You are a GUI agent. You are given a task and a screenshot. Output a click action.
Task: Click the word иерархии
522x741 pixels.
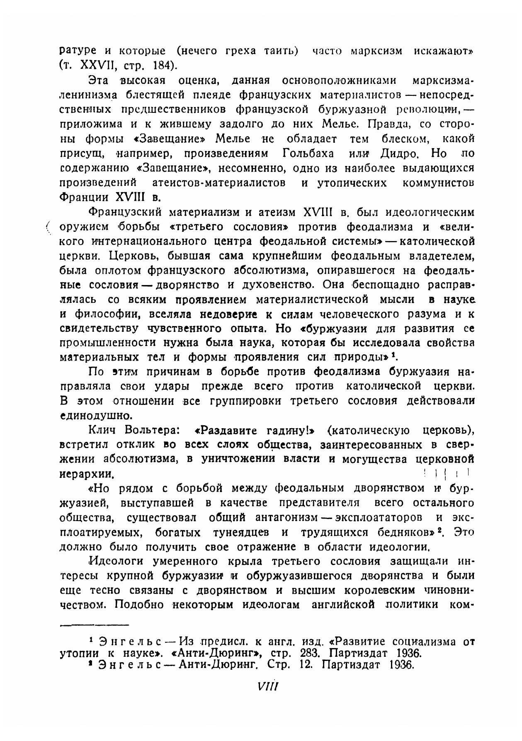(x=87, y=474)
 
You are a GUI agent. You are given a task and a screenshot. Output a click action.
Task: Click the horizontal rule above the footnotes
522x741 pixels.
(x=94, y=625)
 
